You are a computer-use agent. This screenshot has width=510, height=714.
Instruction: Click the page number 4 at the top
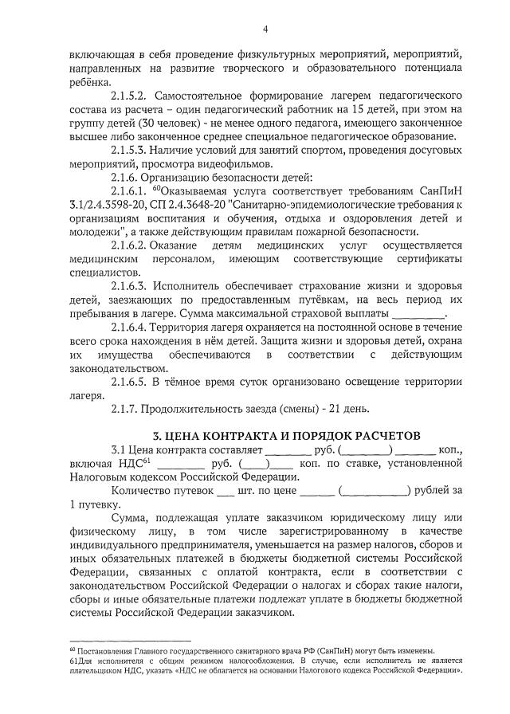(265, 29)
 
